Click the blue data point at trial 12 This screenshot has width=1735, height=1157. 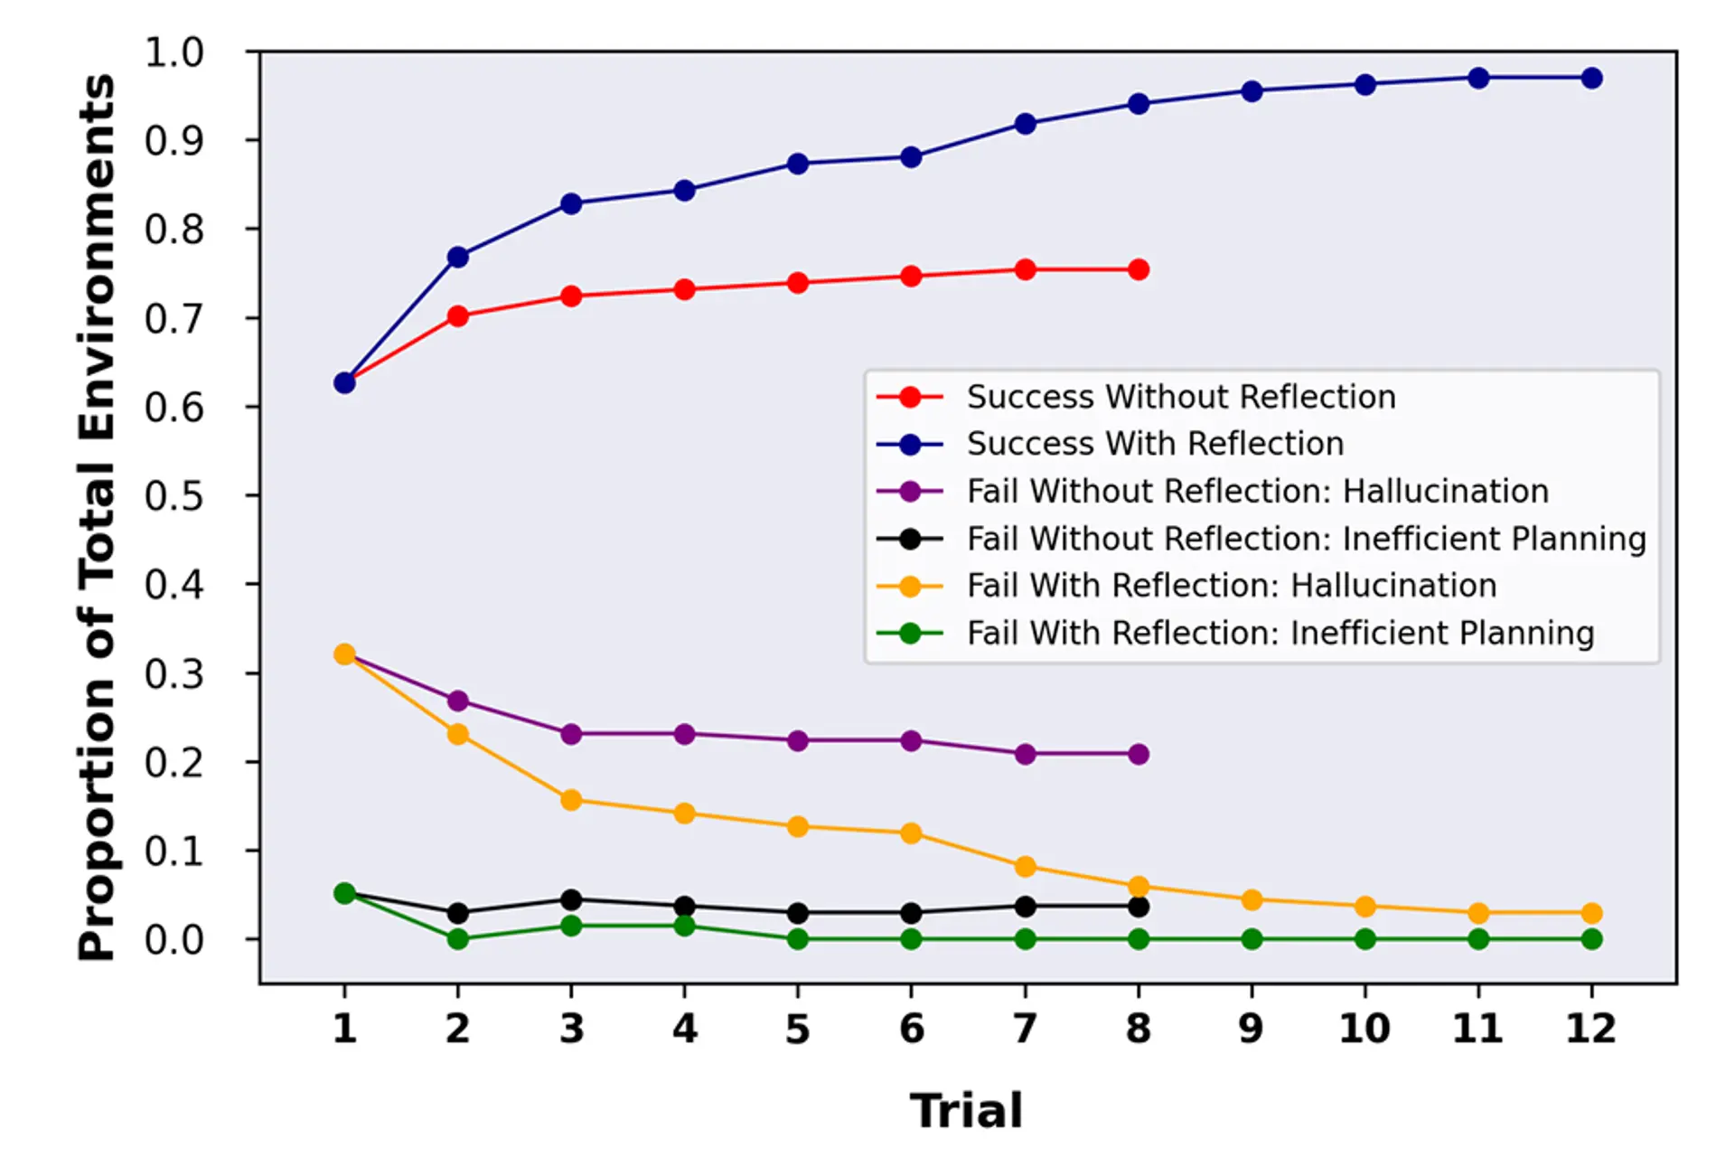(1591, 79)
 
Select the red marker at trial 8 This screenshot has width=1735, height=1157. (1139, 270)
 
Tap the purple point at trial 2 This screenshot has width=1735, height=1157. (458, 701)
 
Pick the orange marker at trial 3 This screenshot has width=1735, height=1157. (571, 800)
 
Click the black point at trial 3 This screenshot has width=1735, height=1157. (571, 900)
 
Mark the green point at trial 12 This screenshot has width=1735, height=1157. (1591, 940)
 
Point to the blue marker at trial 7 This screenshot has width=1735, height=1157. (1025, 124)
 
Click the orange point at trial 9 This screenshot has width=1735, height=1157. (1252, 900)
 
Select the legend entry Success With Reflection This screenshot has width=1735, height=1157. (1155, 444)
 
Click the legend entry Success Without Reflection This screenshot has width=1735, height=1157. (1181, 397)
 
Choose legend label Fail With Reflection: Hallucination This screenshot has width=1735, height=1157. (1232, 586)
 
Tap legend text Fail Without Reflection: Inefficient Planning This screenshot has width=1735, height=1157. (1306, 539)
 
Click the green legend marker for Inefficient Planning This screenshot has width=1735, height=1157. (910, 634)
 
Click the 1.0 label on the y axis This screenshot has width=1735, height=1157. (173, 52)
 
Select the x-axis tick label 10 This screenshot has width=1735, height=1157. (1365, 1030)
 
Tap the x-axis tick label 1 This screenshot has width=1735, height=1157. (344, 1030)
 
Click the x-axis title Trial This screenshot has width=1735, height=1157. (966, 1111)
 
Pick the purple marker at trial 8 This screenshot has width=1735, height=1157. (1139, 755)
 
